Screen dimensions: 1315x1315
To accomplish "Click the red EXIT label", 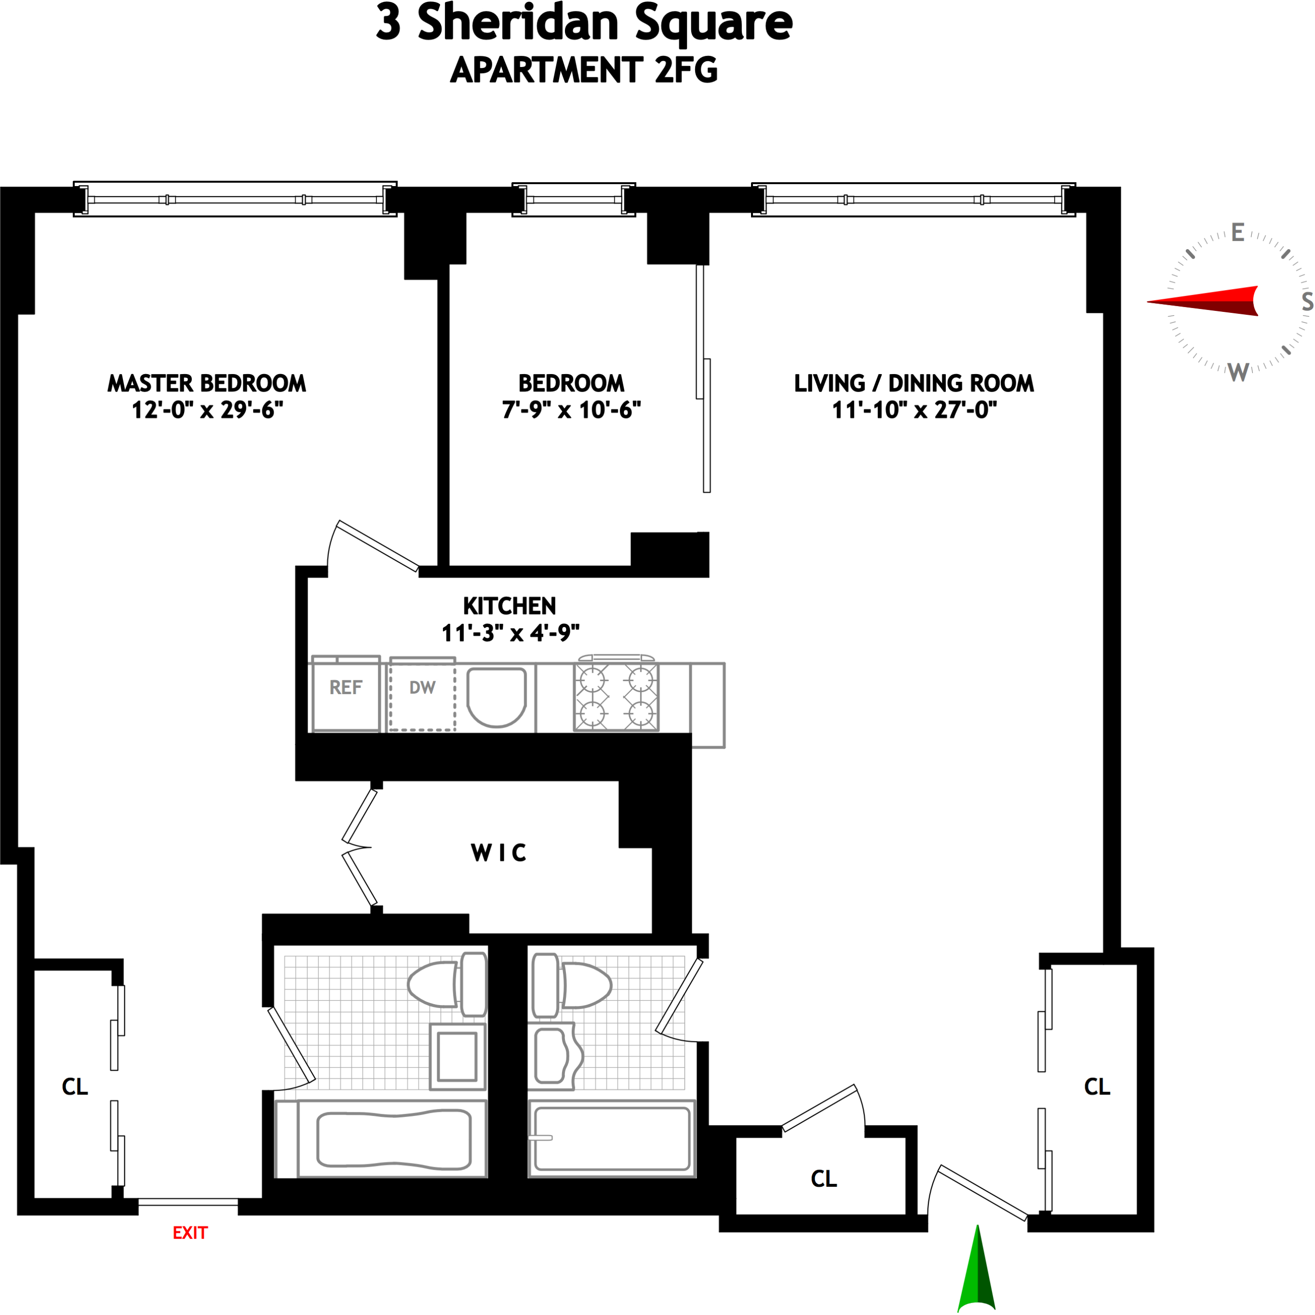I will pos(190,1232).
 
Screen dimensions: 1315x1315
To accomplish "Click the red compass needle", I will pos(1204,301).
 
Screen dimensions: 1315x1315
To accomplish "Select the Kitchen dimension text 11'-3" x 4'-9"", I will pos(511,633).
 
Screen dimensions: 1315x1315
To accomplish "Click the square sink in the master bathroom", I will pos(457,1057).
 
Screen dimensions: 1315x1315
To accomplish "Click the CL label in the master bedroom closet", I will pos(75,1087).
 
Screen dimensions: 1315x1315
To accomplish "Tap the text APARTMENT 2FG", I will pos(584,70).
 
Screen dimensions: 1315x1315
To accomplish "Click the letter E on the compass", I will pos(1237,233).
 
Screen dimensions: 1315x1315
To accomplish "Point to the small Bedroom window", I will pos(574,200).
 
